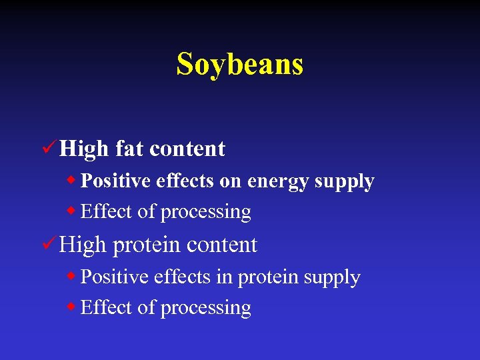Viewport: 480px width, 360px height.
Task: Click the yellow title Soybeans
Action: point(240,64)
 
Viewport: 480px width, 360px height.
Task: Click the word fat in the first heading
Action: point(129,148)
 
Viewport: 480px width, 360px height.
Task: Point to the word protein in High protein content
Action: point(147,245)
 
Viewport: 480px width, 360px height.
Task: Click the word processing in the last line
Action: point(206,309)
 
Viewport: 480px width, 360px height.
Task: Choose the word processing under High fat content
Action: point(206,213)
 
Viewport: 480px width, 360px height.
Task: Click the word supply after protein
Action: point(331,278)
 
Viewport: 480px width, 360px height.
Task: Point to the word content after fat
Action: point(187,148)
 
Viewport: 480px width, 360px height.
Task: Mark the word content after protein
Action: point(221,245)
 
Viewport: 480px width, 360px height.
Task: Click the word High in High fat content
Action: point(83,148)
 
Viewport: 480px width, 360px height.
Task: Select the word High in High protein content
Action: point(83,245)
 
